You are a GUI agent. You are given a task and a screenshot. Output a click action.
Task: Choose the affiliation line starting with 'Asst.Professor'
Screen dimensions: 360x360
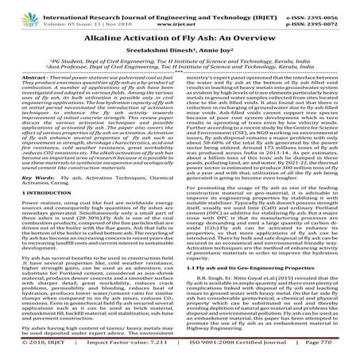pyautogui.click(x=179, y=76)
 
